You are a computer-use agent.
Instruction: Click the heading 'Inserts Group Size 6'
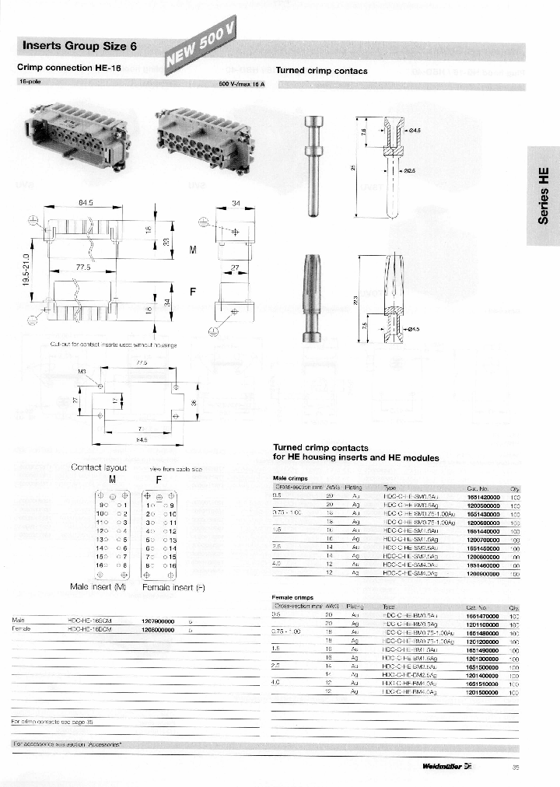coord(80,46)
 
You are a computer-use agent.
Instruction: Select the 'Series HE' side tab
coord(544,195)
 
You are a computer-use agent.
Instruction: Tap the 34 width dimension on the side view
coord(236,205)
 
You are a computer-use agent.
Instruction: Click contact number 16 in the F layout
coord(172,565)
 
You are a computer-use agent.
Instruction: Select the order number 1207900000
coord(157,620)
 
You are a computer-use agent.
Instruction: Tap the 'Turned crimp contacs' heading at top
coord(321,71)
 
